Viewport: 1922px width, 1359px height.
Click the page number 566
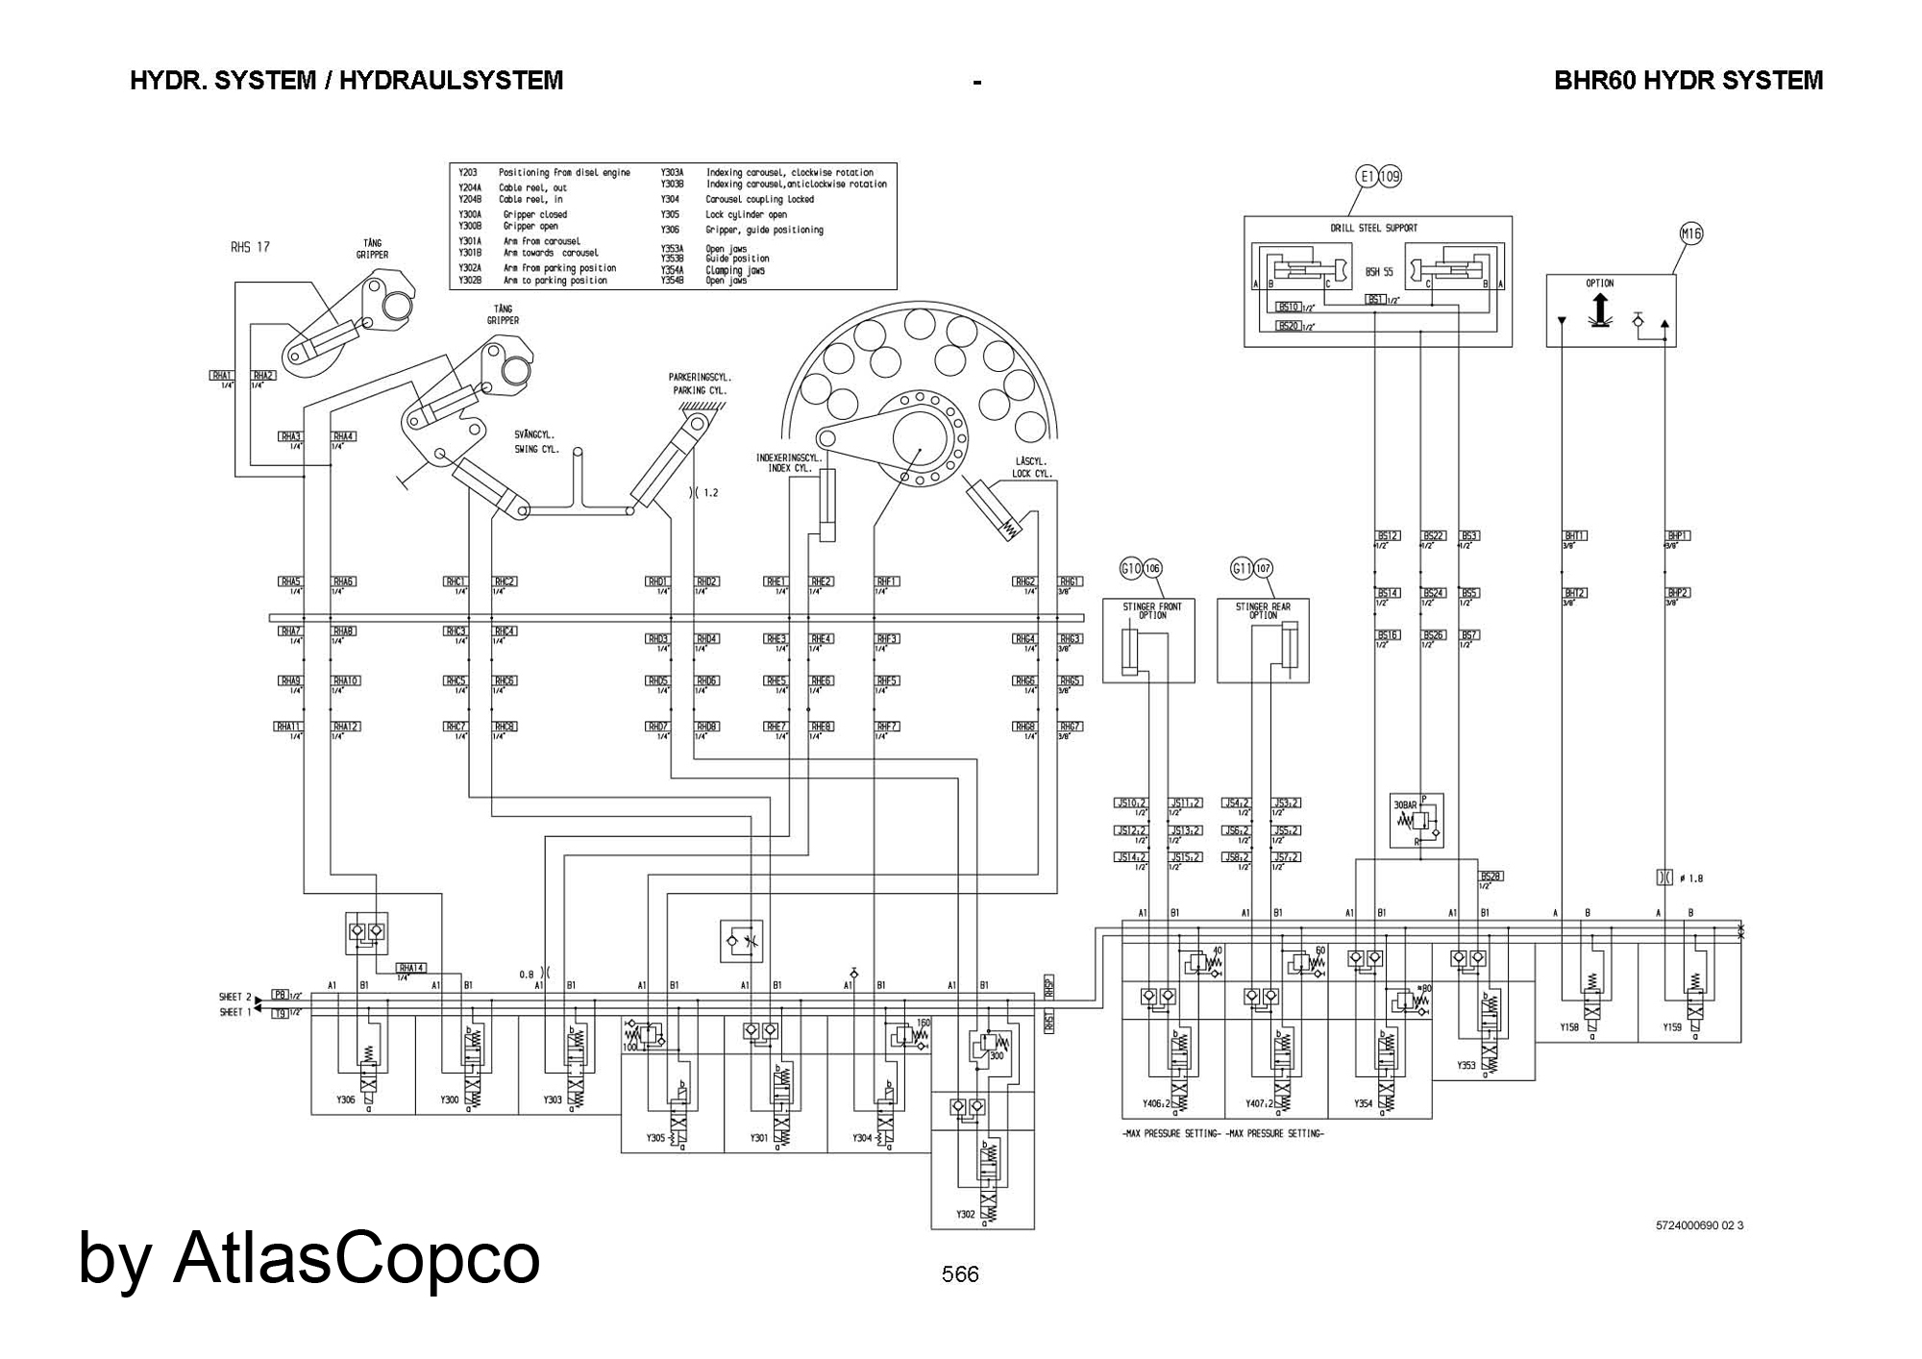point(960,1274)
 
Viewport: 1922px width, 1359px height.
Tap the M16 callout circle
point(1690,234)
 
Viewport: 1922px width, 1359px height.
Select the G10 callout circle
point(1131,569)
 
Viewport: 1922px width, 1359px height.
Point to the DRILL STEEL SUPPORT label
point(1373,228)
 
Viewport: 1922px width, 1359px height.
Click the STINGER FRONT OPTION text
point(1152,611)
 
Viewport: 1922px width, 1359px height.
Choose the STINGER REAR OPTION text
point(1263,611)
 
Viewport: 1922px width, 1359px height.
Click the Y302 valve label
point(965,1214)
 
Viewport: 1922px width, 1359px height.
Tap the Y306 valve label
point(346,1100)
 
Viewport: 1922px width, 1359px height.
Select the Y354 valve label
point(1364,1104)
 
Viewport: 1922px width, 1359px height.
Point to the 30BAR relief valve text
point(1405,804)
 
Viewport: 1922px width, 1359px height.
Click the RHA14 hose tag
point(412,968)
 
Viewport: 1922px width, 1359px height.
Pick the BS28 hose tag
point(1491,876)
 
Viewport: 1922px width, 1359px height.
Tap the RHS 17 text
point(250,247)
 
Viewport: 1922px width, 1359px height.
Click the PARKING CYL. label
point(699,391)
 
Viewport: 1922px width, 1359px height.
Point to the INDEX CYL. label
point(789,469)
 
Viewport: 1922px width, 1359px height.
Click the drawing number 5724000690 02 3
point(1699,1225)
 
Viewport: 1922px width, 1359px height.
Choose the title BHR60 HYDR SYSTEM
point(1688,81)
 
